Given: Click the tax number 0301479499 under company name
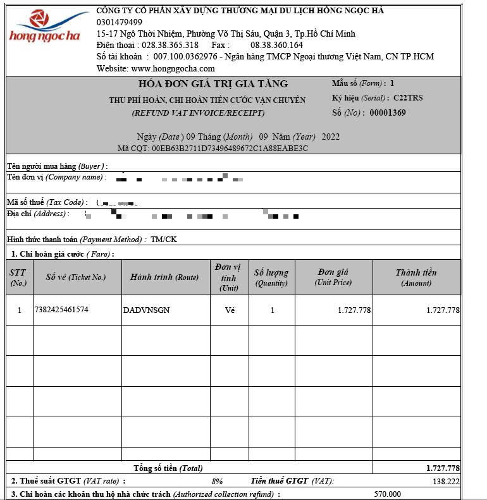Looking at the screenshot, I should pos(120,22).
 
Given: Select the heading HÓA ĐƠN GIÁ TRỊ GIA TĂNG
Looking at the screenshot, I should pos(213,84).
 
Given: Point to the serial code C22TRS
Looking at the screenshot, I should pos(408,99).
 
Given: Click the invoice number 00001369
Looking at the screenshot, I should pos(388,113).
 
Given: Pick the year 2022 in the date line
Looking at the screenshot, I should pos(331,137).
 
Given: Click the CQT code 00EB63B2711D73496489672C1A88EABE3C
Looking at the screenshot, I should pos(230,149).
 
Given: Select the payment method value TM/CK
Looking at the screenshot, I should pos(163,240).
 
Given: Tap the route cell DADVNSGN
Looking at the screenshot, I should pos(146,310).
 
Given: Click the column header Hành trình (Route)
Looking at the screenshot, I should pos(164,277).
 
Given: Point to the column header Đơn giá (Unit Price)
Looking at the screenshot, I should pos(333,277).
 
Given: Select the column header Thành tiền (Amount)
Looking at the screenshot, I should pos(416,277).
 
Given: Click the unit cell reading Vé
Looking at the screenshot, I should pos(230,310).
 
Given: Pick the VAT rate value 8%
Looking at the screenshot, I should pos(217,481).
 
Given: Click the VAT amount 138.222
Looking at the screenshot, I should pos(446,481).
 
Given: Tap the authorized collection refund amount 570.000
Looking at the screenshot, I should pos(388,494).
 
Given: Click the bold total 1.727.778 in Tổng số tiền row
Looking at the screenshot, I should pos(443,468).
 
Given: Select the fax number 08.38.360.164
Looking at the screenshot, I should pos(276,45).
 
